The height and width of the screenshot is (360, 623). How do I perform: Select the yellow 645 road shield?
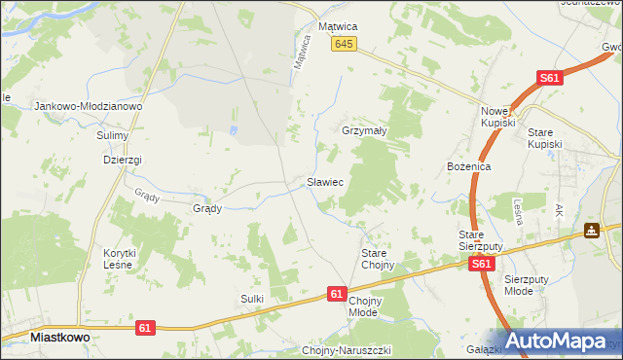[x=344, y=45]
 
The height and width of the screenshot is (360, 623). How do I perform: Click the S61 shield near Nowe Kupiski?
[x=551, y=79]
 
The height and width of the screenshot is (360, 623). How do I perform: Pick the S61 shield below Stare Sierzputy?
[x=480, y=264]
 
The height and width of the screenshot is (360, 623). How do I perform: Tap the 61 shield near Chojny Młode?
[x=337, y=293]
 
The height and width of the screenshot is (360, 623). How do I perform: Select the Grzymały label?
[x=366, y=130]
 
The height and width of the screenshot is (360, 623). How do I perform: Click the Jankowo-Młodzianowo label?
[x=89, y=106]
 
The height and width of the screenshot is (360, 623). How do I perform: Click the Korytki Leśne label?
[x=119, y=258]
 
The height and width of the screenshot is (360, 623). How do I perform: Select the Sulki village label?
[x=252, y=298]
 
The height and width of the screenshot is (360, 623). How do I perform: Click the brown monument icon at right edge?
[x=591, y=232]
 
